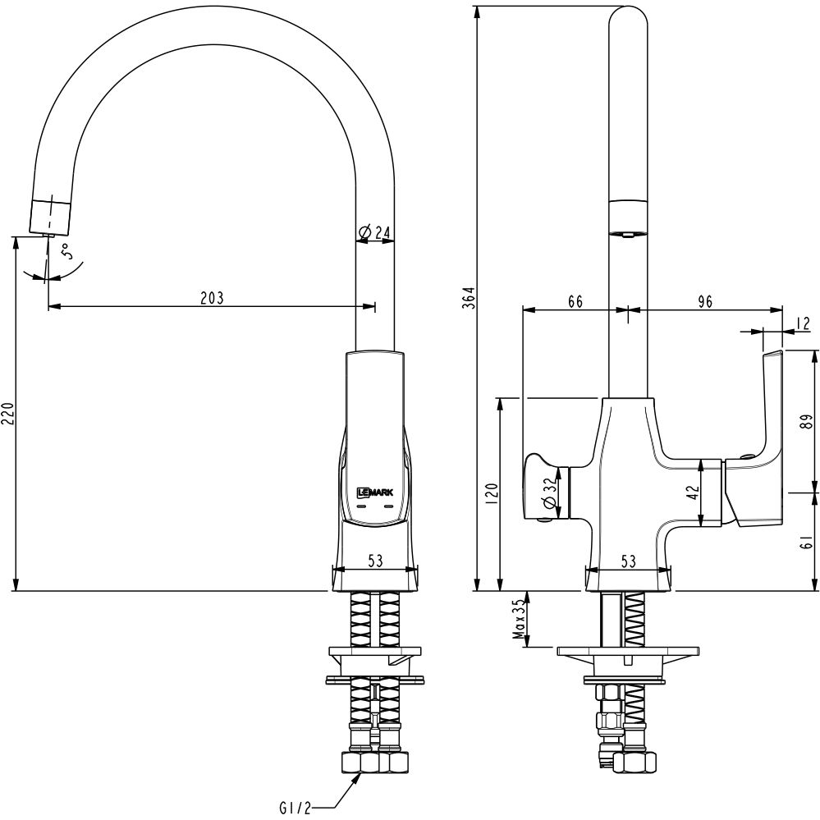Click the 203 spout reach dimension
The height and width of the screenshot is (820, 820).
click(212, 297)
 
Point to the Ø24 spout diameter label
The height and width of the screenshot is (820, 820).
click(374, 233)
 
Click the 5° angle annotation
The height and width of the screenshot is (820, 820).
click(73, 251)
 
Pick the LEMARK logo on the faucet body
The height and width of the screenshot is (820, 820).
click(373, 492)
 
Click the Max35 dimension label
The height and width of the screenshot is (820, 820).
click(518, 619)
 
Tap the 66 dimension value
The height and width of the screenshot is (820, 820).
click(575, 301)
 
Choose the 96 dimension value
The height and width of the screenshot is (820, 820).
click(704, 301)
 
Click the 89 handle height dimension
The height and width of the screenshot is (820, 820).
click(809, 421)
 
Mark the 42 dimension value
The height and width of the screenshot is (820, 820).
click(692, 492)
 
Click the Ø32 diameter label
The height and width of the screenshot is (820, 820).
click(548, 495)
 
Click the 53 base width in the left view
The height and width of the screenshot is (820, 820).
click(375, 561)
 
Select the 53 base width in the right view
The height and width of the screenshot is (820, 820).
click(629, 561)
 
